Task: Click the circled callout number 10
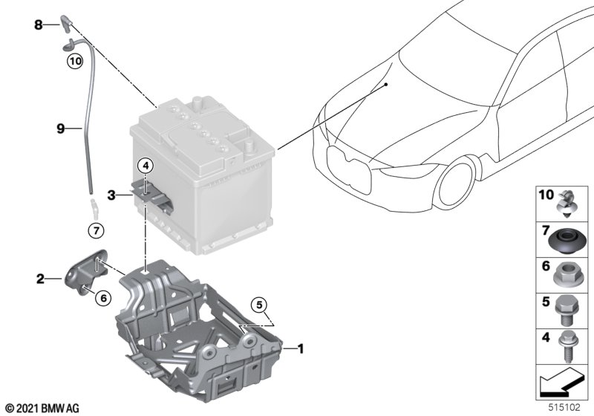[75, 61]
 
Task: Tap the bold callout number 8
[39, 25]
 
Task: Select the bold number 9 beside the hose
[61, 129]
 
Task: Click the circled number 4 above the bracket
[146, 166]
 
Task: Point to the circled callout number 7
[96, 230]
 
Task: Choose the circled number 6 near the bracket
[103, 298]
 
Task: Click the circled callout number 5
[259, 305]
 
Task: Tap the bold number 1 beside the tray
[301, 348]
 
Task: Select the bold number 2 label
[40, 279]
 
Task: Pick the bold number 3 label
[111, 195]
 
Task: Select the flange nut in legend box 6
[566, 274]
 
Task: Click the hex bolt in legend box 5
[564, 310]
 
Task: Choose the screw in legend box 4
[566, 346]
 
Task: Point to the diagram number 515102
[564, 407]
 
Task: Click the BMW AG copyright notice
[43, 409]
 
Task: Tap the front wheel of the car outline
[454, 183]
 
